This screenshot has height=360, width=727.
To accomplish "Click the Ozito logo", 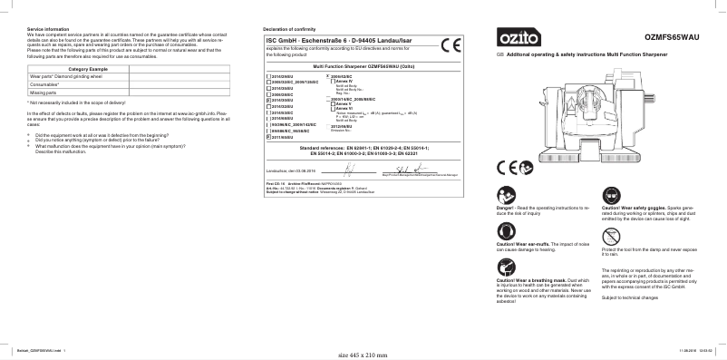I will coord(514,38).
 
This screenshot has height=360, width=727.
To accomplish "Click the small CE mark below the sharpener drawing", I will coord(508,170).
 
